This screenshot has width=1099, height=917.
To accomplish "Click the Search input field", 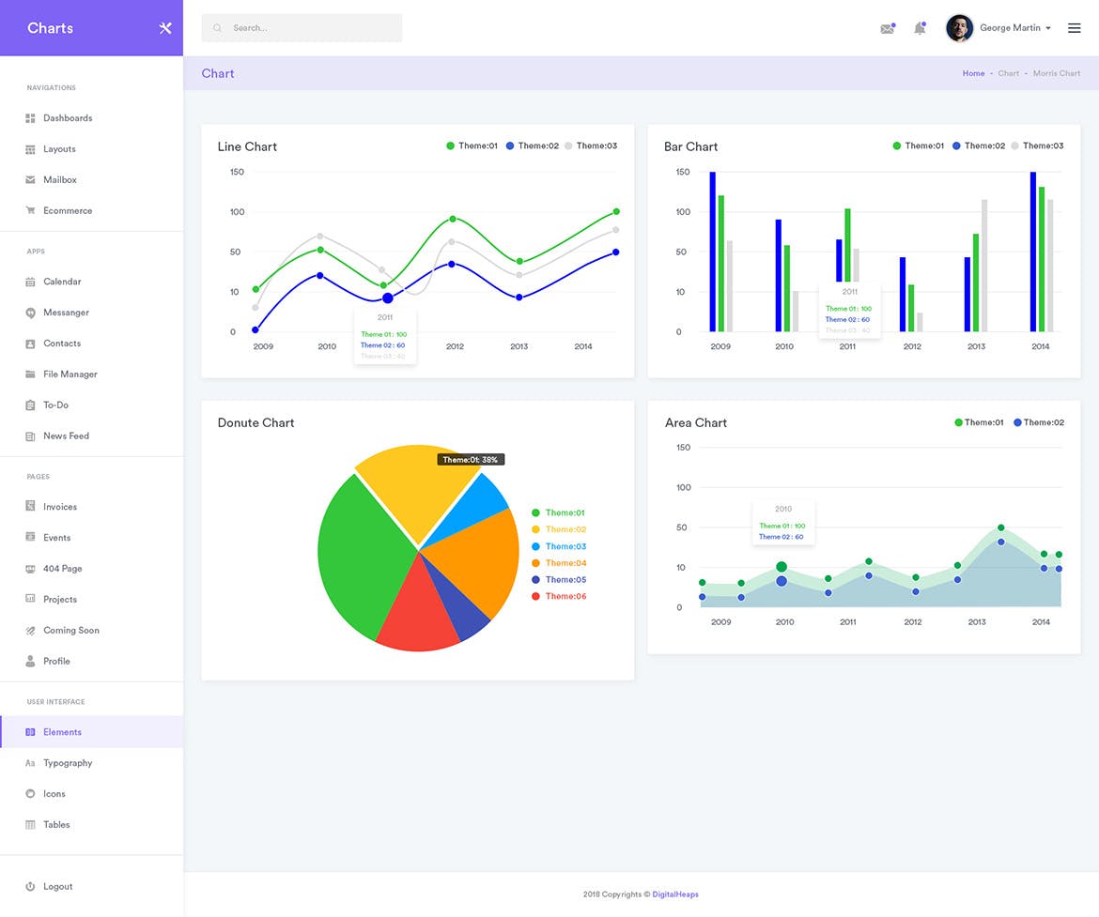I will (301, 28).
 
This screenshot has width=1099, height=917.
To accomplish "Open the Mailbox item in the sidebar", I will (59, 180).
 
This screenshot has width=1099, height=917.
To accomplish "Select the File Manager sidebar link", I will (70, 374).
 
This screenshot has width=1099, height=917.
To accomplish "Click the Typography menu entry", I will (68, 763).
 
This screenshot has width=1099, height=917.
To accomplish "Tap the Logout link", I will (57, 887).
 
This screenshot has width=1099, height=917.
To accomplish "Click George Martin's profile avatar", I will (959, 28).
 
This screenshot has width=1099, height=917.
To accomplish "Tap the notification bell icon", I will (920, 29).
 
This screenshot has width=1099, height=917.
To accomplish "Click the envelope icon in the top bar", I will (887, 29).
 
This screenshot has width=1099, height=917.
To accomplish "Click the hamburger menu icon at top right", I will (1075, 28).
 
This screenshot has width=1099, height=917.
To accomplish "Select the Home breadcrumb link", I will (973, 73).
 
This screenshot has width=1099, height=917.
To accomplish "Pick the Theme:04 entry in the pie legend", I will (565, 563).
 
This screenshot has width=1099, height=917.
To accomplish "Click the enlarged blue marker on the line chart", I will (388, 298).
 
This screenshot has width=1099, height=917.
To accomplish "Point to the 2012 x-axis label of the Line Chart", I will (455, 346).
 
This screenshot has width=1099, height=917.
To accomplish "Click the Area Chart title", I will (696, 423).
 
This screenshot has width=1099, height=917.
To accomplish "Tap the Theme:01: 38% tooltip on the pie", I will (471, 460).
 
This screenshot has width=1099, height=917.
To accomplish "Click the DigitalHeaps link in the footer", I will (675, 894).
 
